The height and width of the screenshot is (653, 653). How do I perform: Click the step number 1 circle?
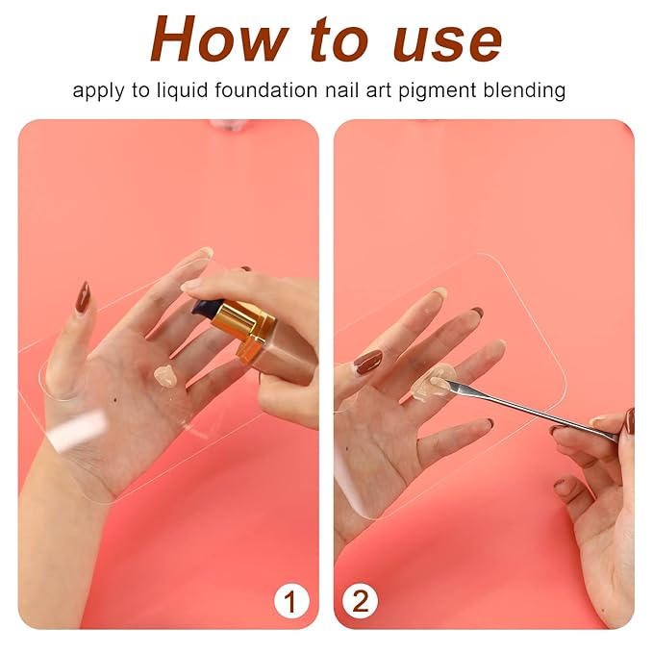[291, 602]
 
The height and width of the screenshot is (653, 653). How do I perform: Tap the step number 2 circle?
[361, 602]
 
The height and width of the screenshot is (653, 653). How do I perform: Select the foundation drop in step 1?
[165, 376]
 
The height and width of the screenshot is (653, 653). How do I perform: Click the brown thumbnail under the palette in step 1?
[83, 297]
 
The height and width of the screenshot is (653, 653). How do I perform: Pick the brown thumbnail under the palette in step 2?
[367, 363]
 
